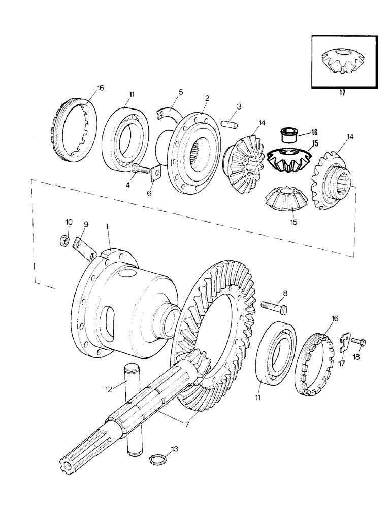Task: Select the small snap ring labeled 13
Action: coord(156,460)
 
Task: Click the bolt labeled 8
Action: coord(275,307)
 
